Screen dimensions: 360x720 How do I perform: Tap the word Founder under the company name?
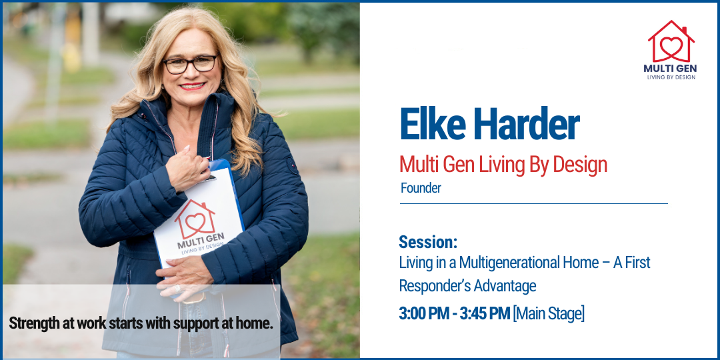421,188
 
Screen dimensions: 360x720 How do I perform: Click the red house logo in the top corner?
671,41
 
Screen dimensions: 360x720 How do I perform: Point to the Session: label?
428,242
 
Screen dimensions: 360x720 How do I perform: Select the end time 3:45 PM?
485,313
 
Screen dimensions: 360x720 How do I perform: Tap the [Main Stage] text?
549,313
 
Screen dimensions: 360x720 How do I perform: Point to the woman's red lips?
192,86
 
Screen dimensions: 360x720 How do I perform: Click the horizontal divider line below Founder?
533,203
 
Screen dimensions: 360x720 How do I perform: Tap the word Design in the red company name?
580,164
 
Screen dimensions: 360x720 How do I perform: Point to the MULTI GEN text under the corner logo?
671,68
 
